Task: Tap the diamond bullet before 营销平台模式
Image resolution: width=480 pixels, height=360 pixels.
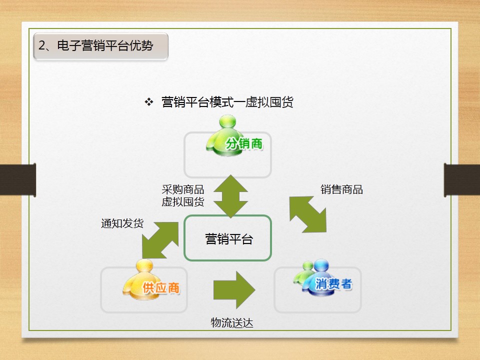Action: [148, 102]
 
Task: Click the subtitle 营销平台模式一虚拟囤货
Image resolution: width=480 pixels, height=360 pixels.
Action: [227, 102]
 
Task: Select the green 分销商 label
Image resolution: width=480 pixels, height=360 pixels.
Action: [244, 144]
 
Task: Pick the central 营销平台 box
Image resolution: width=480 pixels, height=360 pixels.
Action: [228, 238]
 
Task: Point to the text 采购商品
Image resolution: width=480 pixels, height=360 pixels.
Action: [182, 190]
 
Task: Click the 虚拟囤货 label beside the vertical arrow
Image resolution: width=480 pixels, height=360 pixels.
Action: [182, 202]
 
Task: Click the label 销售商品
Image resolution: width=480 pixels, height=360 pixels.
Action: [341, 189]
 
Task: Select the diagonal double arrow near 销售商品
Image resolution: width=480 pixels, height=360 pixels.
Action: [308, 214]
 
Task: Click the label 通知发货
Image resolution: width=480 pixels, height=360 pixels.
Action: [122, 223]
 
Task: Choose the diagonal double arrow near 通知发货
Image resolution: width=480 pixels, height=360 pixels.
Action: [160, 240]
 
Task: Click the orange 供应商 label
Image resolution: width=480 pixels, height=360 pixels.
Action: [161, 288]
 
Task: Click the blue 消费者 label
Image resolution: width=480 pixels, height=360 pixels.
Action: [333, 284]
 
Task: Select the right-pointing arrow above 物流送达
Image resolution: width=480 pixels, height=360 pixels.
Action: [234, 290]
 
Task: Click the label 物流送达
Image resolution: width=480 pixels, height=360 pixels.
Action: [232, 323]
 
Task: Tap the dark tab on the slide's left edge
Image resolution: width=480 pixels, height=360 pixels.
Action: [18, 179]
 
